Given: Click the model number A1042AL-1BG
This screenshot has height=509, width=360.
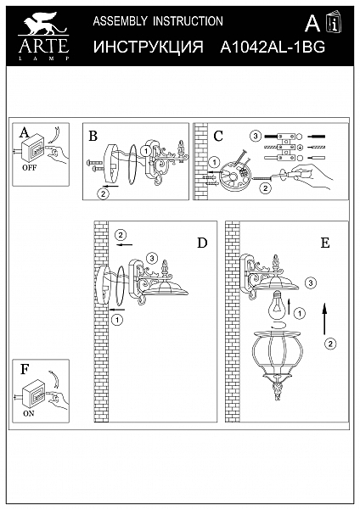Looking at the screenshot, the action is coord(273,48).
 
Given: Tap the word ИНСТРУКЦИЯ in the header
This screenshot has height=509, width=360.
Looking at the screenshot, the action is coord(149,47).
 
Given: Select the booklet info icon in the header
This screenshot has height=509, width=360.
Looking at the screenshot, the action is coord(334,22).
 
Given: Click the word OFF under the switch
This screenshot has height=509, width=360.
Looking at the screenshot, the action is coord(29,168).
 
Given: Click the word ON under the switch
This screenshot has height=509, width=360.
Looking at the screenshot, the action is coord(29,414).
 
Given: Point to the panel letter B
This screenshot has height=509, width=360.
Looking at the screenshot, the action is coord(93,136).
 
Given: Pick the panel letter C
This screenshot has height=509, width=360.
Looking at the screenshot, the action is coord(218,136).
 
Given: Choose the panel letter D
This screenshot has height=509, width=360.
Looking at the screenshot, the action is coord(202,243).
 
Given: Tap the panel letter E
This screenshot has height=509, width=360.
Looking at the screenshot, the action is coord(325,243).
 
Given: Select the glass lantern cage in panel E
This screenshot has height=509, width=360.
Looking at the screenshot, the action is coord(277,365).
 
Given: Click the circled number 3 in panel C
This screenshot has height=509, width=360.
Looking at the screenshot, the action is coord(256,136).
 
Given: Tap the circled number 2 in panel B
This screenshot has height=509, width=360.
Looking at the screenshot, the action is coord(103,194).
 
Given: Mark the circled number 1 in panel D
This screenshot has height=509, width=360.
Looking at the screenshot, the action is coord(117,320).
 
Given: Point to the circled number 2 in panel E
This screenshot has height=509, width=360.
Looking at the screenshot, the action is coord(330,344).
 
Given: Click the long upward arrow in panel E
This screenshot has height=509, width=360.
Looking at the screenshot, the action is coord(324,319).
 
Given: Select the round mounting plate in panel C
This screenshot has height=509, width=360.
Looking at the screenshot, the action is coord(233,178).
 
